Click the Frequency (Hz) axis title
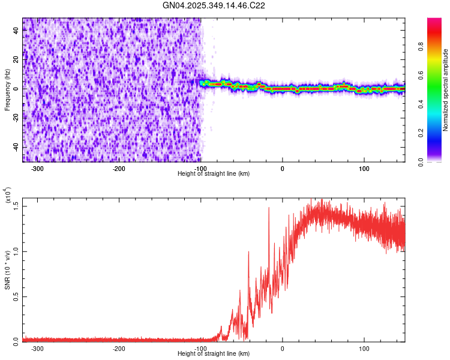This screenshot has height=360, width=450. point(7,90)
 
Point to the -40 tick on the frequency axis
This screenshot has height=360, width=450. point(15,147)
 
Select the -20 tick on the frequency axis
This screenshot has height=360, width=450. point(15,118)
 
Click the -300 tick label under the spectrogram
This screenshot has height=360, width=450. point(37,168)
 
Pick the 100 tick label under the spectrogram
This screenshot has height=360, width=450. point(364,168)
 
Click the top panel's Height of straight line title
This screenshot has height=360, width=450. point(214,174)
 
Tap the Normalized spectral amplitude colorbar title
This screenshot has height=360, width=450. point(446,90)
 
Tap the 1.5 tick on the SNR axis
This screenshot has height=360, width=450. point(16,206)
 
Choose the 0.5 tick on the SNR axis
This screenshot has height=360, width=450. point(16,296)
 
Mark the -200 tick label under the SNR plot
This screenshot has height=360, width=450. point(119,347)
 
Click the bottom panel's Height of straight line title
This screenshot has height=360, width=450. point(214,353)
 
